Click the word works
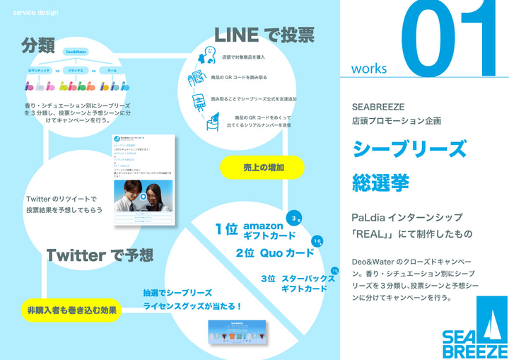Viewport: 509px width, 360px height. point(368,69)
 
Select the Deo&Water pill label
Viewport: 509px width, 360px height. point(75,52)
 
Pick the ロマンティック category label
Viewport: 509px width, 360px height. point(37,71)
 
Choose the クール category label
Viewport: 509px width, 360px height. point(112,71)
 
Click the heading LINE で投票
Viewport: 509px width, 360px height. point(264,33)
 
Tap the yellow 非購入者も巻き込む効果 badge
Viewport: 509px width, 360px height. point(72,310)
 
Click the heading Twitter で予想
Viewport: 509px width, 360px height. point(100,255)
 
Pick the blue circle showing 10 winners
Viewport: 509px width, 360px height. point(318,241)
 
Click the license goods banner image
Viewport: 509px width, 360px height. point(240,333)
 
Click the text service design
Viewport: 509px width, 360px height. point(35,13)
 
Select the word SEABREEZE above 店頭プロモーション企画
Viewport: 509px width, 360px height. point(378,107)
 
